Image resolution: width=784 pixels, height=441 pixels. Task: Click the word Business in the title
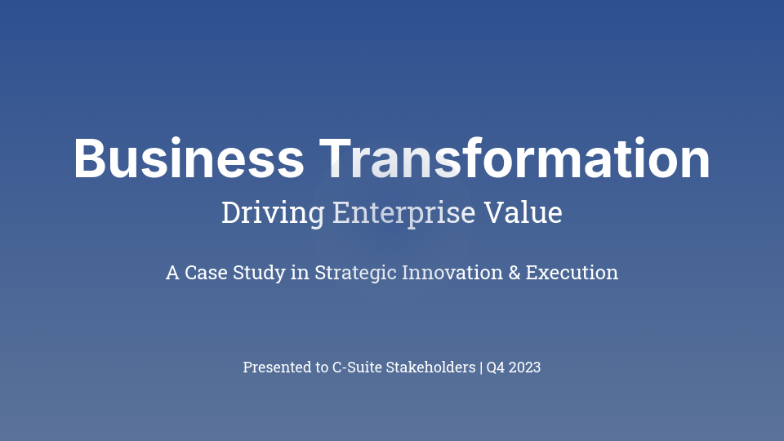coord(189,159)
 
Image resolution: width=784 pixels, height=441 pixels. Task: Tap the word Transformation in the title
coord(514,159)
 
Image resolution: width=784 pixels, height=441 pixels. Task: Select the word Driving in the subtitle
coord(273,213)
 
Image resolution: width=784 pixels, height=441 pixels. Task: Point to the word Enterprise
coord(403,213)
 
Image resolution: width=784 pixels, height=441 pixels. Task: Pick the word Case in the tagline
coord(207,273)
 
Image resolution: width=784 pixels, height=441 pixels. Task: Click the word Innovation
coord(452,273)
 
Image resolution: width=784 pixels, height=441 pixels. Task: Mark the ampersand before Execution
coord(514,273)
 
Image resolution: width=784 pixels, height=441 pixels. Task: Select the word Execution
coord(572,273)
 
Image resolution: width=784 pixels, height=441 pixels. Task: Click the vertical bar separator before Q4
coord(481,367)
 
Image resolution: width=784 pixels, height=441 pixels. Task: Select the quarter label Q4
coord(496,367)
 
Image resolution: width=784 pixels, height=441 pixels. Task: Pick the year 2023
coord(525,367)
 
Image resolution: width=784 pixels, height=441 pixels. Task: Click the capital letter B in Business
coord(89,159)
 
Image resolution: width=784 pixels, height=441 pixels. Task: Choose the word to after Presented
coord(321,367)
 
